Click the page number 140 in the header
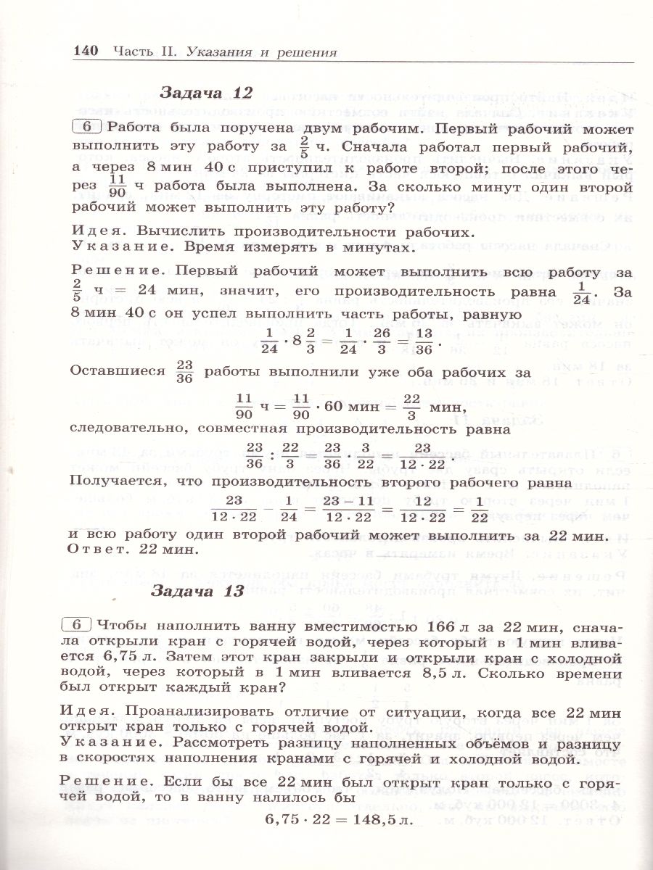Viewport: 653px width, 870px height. (86, 51)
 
